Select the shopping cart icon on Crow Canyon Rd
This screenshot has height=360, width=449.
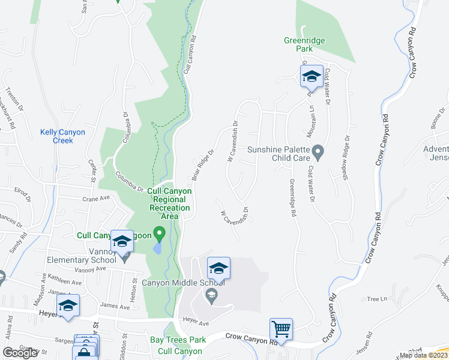coord(280,329)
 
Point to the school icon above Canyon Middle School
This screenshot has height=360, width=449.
coord(218,268)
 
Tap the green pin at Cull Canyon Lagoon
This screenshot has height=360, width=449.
coord(159,232)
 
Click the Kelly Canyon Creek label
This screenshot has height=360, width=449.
coord(62,136)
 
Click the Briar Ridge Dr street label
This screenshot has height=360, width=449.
coord(202,165)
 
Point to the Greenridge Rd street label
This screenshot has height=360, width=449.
coord(293,199)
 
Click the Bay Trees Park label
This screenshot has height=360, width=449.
coord(178,340)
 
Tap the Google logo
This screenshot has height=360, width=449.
coord(20,353)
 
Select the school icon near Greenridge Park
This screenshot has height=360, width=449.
coord(312,76)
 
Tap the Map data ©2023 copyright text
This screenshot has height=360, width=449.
coord(423,355)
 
